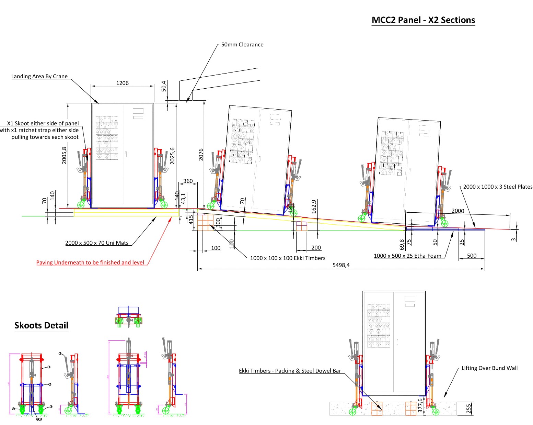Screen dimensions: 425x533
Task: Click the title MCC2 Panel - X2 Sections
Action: point(423,20)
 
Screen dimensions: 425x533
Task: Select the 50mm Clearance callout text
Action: point(242,45)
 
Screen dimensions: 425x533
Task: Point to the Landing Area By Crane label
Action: point(39,76)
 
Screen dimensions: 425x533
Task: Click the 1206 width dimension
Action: point(122,83)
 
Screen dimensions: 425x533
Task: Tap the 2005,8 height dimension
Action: point(64,155)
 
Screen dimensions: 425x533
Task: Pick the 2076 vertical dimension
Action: point(201,154)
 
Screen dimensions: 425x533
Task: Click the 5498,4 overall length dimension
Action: point(341,265)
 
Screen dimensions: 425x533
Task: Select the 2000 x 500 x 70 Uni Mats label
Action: point(97,243)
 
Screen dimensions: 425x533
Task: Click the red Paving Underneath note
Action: point(90,262)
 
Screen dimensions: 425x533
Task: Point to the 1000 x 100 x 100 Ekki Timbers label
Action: point(288,258)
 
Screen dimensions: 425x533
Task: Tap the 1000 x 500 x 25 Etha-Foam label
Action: point(407,256)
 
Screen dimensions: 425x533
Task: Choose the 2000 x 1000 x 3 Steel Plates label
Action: point(498,187)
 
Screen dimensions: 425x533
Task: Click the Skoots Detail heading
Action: point(41,325)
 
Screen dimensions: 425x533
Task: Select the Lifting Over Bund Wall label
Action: point(489,368)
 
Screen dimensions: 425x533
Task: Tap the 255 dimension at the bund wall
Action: point(468,408)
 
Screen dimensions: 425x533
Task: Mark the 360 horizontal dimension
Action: point(188,181)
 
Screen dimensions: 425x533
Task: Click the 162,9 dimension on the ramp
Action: point(313,206)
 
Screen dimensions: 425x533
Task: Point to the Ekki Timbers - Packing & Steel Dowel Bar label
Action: point(290,371)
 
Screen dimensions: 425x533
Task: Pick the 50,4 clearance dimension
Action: point(164,86)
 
